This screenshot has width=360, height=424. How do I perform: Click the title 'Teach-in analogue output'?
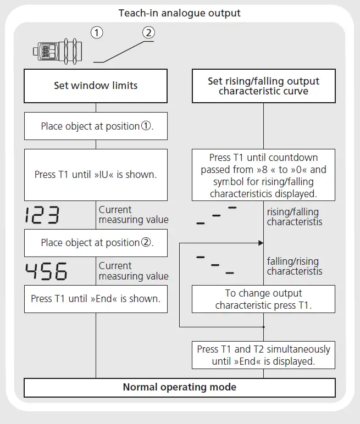click(x=180, y=13)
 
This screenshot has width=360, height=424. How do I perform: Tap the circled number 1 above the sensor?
click(x=97, y=32)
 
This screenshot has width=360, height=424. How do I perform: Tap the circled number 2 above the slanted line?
click(x=148, y=32)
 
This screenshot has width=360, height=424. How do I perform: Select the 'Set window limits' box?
click(x=96, y=86)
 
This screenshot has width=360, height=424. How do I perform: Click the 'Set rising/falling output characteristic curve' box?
click(x=263, y=86)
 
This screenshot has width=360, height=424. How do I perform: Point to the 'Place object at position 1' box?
click(x=96, y=126)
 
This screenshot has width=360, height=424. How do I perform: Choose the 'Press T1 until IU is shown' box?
click(x=96, y=175)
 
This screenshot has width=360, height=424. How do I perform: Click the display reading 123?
click(x=42, y=215)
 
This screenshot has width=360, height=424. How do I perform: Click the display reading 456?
click(x=46, y=271)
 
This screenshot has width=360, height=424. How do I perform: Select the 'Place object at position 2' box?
click(x=96, y=243)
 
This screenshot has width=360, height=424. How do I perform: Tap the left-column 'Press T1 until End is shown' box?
click(x=96, y=299)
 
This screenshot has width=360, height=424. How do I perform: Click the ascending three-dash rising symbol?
click(x=217, y=215)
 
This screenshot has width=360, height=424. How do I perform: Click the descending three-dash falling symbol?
click(x=215, y=265)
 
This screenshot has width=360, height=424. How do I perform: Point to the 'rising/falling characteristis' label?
click(x=293, y=217)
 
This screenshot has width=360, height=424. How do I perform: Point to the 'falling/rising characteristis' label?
click(x=293, y=266)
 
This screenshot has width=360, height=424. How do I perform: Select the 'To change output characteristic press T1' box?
click(x=263, y=299)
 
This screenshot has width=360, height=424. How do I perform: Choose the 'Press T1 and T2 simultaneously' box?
click(x=263, y=355)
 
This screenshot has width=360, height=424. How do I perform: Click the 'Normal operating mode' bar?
click(x=179, y=387)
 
